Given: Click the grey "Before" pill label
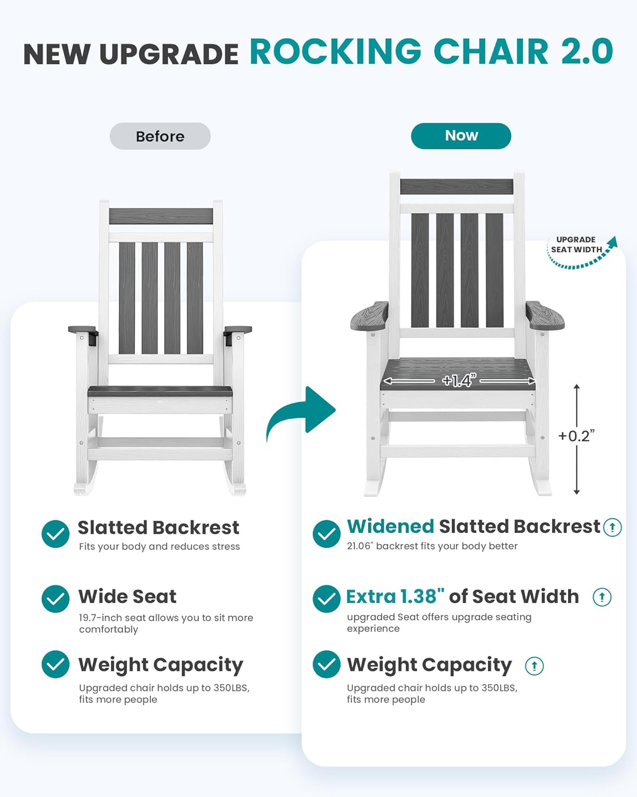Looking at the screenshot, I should point(160,136).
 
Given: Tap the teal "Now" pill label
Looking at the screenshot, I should point(461,135).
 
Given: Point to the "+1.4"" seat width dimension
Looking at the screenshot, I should point(459,380).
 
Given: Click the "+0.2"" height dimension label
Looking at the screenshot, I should point(576,436).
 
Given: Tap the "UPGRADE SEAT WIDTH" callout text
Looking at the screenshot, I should point(576,245).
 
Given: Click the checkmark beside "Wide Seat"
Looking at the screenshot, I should point(56,599).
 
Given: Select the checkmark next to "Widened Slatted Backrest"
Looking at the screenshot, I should point(326,533).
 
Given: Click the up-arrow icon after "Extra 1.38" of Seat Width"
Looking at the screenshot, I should point(602,597).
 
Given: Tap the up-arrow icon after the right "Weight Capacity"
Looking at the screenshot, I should point(534,666).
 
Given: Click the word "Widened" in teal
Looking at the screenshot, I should point(390,527).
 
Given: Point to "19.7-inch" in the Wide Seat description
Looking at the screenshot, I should point(100,618).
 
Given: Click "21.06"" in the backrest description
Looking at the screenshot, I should point(360,546).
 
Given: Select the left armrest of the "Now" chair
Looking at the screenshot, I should point(369,316).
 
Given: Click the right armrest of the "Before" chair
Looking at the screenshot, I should point(238,330).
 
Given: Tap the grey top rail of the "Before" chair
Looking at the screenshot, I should point(161,216).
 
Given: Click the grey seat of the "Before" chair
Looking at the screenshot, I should point(160,392).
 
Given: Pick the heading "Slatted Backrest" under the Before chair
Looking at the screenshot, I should point(158,528).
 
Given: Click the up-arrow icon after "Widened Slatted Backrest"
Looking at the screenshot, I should point(612,527).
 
